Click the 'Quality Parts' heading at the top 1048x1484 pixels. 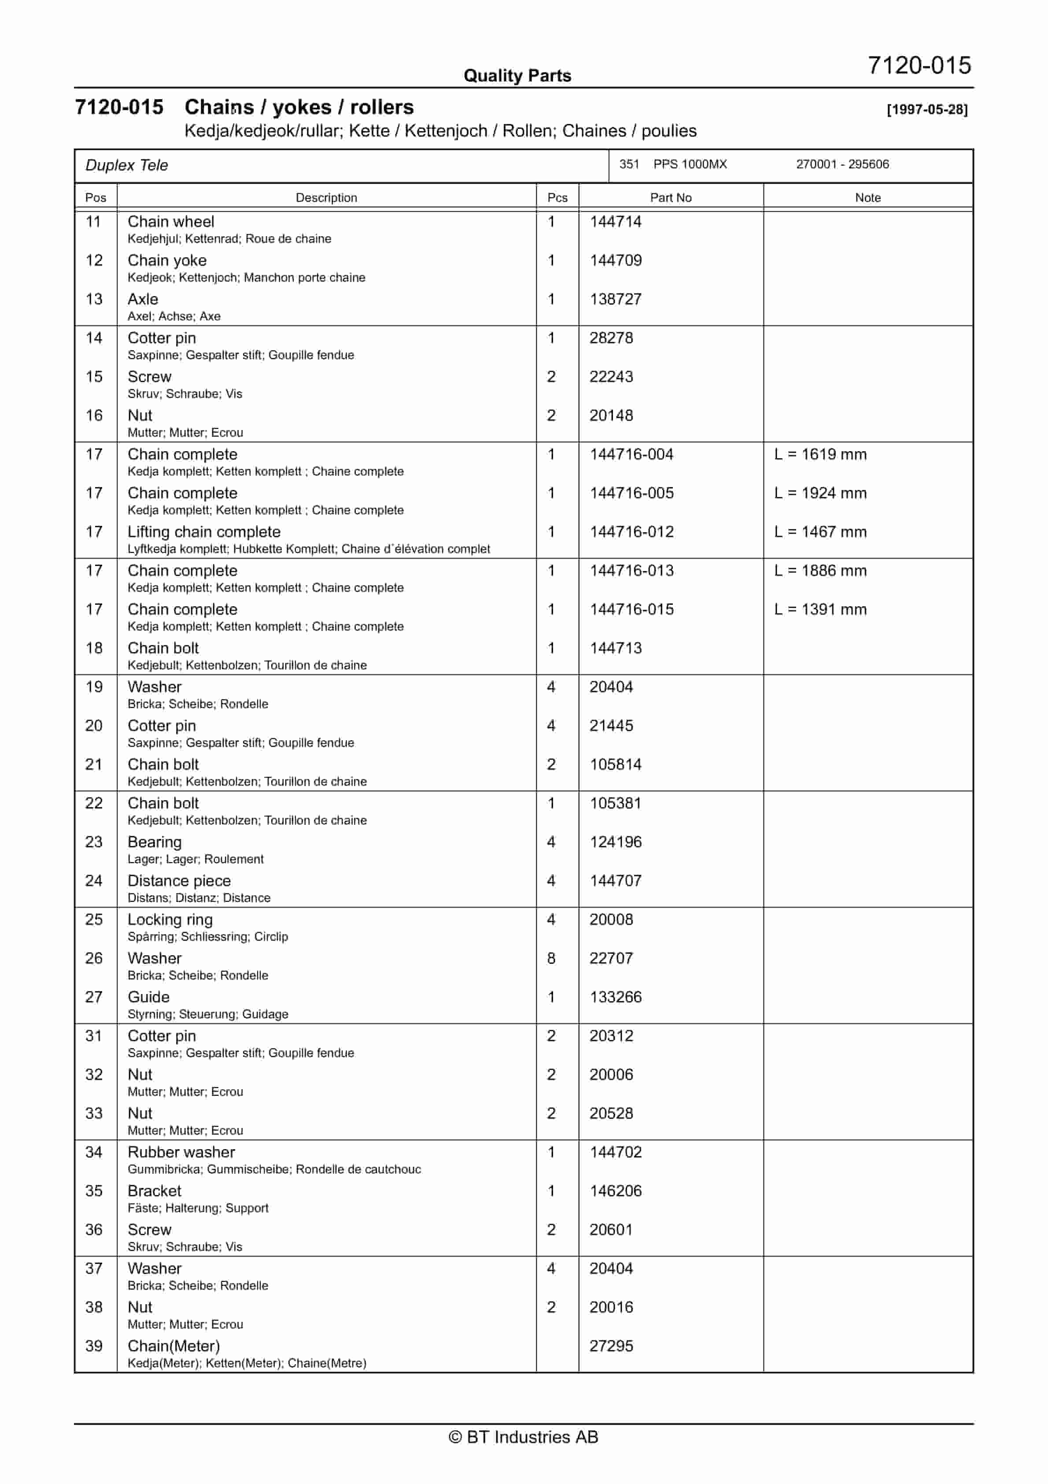point(517,76)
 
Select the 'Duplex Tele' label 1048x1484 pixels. point(127,166)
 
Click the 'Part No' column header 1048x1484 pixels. point(670,198)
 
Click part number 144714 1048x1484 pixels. point(615,222)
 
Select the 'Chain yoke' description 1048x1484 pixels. point(167,260)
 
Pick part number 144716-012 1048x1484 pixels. point(631,532)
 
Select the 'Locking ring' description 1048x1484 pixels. point(170,920)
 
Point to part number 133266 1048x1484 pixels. point(615,997)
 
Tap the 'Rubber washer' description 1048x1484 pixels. point(181,1152)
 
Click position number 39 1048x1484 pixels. point(94,1347)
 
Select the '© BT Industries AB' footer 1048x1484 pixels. point(524,1437)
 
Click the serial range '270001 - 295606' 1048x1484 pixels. point(842,164)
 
